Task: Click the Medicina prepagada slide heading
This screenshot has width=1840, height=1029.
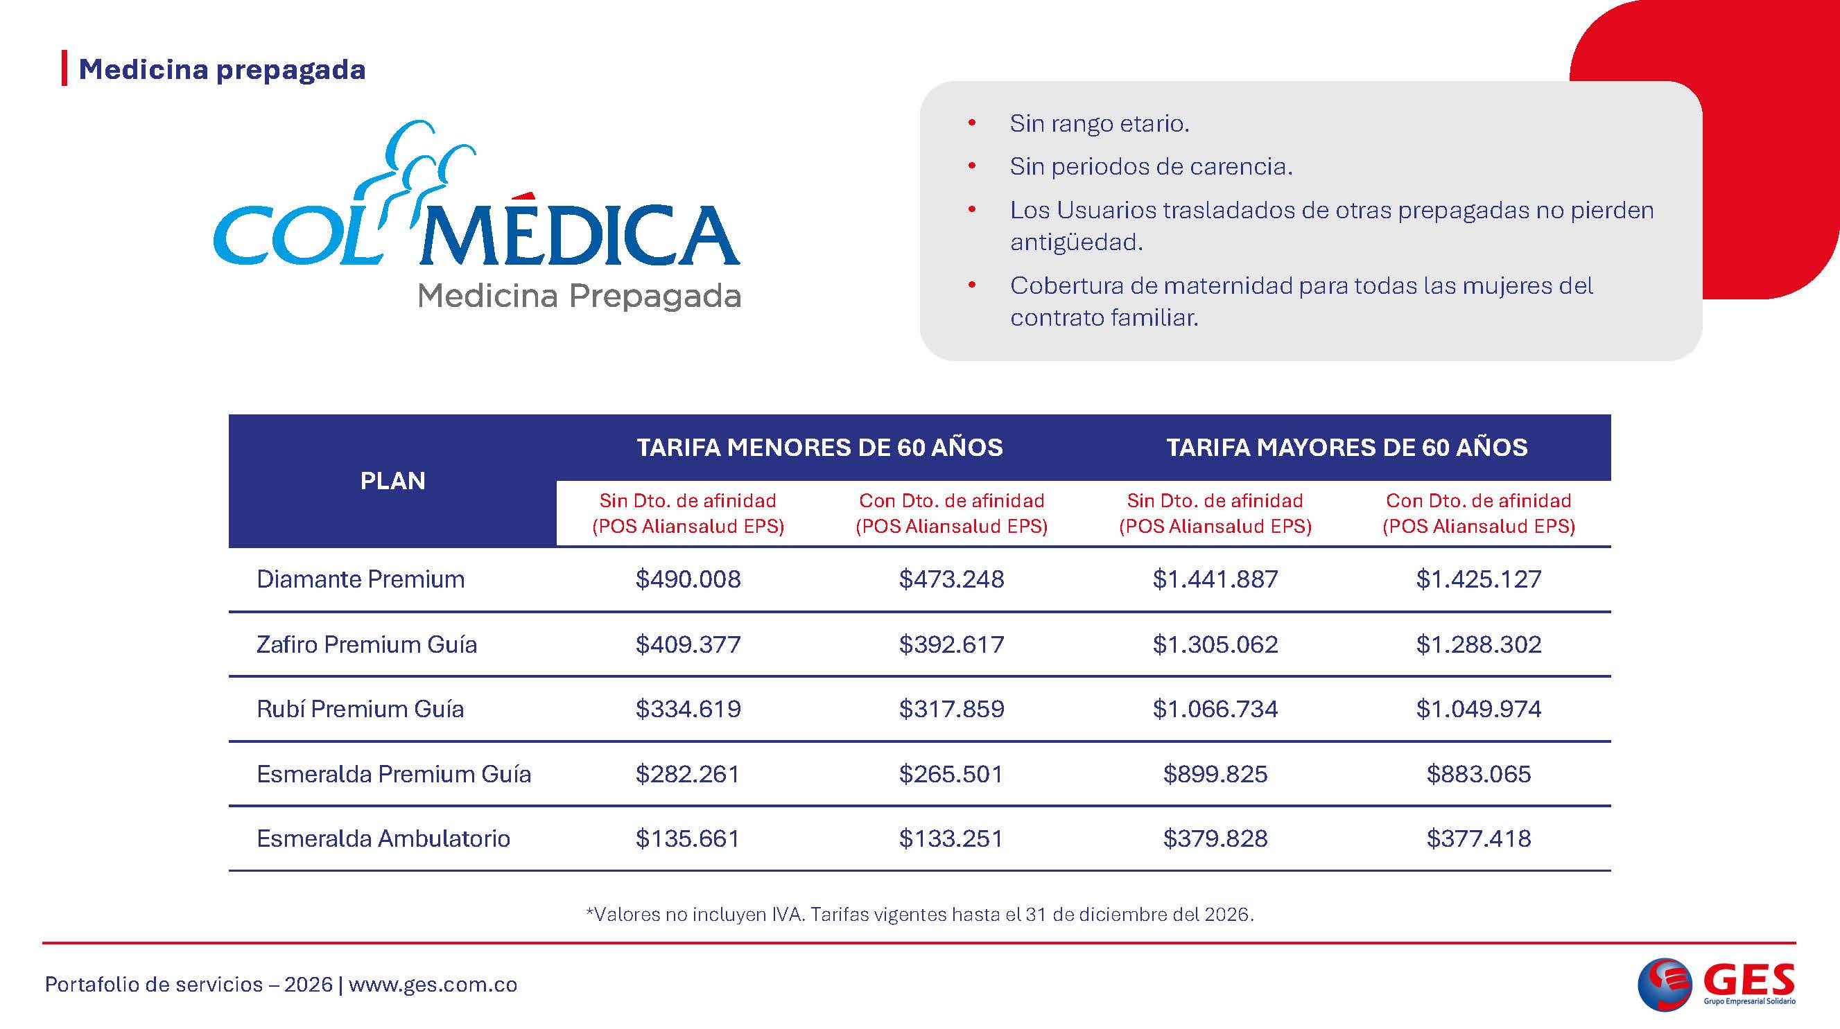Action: [x=221, y=70]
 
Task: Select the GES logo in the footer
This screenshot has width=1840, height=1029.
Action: [x=1715, y=984]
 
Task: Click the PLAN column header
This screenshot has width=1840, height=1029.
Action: [x=392, y=482]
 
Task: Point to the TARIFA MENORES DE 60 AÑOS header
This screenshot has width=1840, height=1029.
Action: [x=819, y=448]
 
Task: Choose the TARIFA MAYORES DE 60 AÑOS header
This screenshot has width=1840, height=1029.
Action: [x=1346, y=448]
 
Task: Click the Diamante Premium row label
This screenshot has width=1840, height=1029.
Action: [x=360, y=579]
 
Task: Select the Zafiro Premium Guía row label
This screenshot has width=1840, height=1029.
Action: [x=367, y=645]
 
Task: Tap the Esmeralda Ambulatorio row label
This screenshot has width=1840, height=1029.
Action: [x=383, y=838]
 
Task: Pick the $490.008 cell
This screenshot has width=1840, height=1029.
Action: [x=688, y=579]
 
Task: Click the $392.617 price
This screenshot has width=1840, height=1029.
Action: [x=951, y=645]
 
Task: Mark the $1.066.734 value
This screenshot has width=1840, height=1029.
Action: [x=1215, y=709]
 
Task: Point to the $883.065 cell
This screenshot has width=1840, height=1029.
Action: [x=1479, y=774]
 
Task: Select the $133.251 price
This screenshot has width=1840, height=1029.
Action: [x=951, y=838]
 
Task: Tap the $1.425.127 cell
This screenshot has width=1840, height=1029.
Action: [x=1479, y=579]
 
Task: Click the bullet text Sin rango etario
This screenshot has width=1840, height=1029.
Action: [x=1100, y=124]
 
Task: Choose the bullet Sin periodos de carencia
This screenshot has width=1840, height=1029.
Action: [x=1151, y=167]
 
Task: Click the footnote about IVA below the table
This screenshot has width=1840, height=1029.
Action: [x=919, y=915]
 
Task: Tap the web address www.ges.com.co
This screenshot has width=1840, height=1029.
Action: [x=433, y=985]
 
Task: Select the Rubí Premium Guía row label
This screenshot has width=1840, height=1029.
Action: [x=360, y=709]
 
